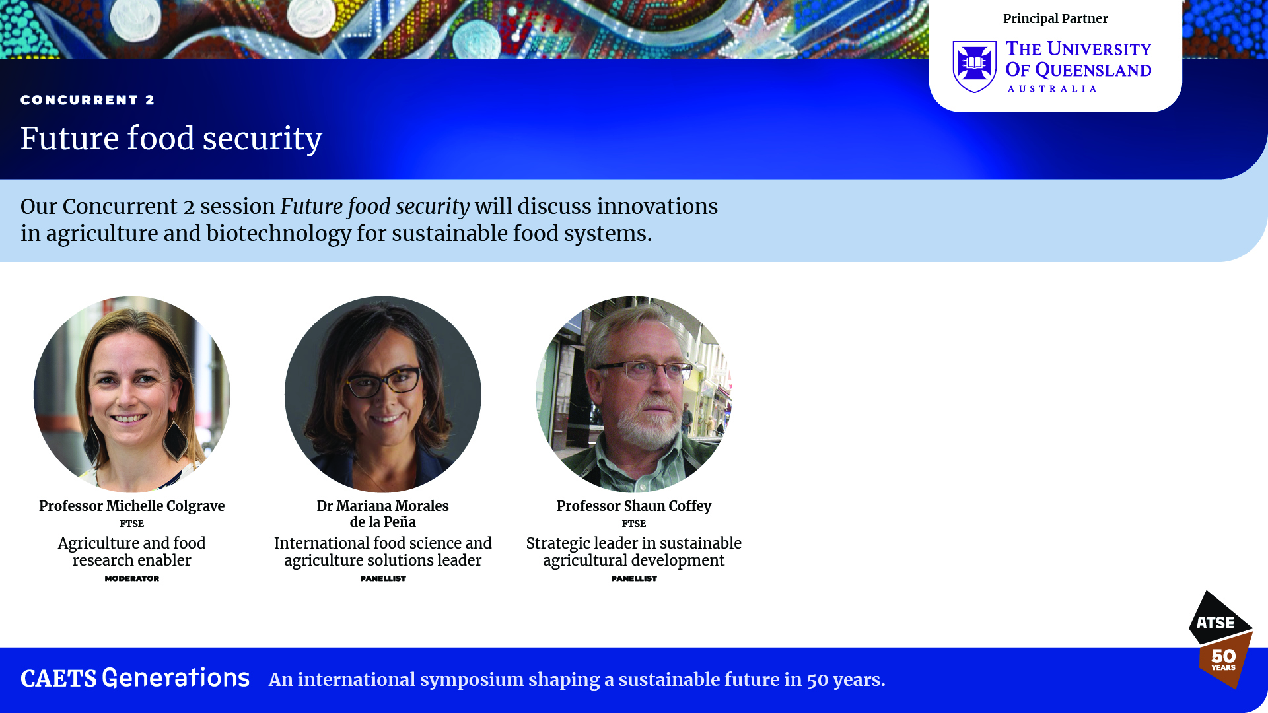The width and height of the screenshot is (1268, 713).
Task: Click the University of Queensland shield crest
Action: [974, 67]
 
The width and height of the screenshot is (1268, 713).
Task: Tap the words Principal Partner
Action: [1055, 18]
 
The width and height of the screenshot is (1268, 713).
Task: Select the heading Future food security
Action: [171, 139]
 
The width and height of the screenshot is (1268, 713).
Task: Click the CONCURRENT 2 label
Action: [87, 100]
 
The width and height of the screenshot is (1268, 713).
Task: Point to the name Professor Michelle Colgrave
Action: [131, 506]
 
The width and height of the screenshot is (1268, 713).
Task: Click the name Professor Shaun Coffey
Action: [633, 506]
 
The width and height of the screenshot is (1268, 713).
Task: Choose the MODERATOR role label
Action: [131, 578]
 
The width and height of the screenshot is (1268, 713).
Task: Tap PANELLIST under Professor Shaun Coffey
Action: [633, 578]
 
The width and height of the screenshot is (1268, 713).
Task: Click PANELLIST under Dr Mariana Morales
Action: [382, 578]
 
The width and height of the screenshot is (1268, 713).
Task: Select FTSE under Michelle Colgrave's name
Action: [131, 524]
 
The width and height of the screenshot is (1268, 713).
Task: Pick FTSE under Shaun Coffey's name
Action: [633, 524]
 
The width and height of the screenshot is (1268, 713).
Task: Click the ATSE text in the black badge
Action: [1215, 623]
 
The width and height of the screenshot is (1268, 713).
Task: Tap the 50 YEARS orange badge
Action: [1224, 660]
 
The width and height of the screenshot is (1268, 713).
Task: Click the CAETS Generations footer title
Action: [135, 679]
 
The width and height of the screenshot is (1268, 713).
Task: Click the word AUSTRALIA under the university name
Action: [1052, 89]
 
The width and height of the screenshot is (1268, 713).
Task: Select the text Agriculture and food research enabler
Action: [131, 551]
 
